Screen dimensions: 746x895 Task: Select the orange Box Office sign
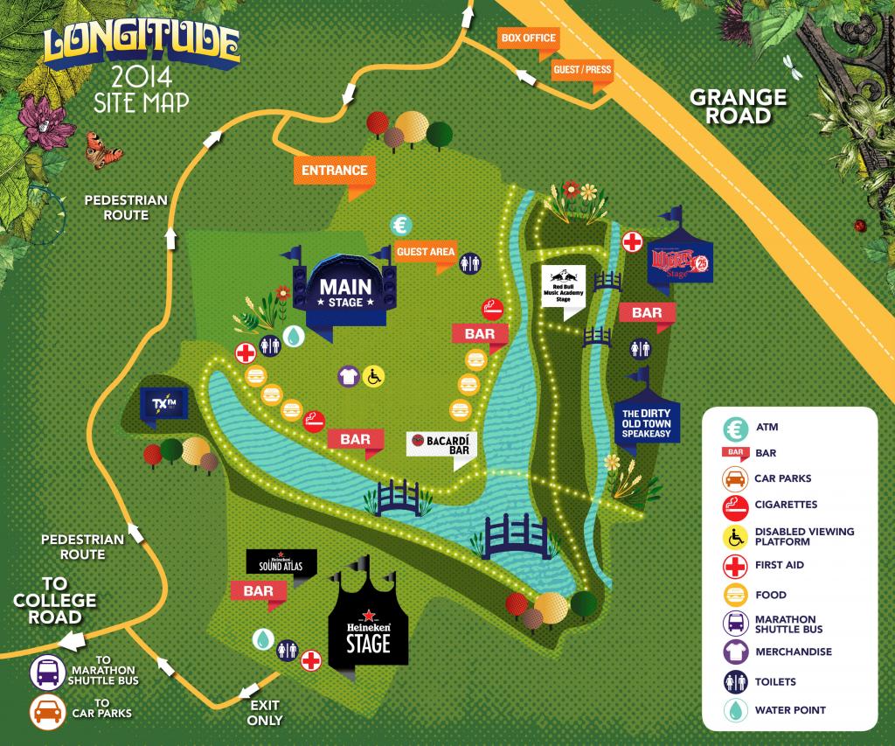(x=527, y=38)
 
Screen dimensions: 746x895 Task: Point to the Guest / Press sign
(x=581, y=69)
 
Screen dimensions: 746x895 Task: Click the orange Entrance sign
(x=335, y=169)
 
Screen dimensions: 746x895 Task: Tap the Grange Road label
(x=738, y=107)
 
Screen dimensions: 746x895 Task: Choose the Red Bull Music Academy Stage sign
(x=564, y=286)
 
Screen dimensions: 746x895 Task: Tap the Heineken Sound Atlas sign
(x=281, y=561)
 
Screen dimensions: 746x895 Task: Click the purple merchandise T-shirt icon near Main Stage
(x=349, y=375)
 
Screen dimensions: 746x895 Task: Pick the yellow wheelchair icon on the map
(x=375, y=375)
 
